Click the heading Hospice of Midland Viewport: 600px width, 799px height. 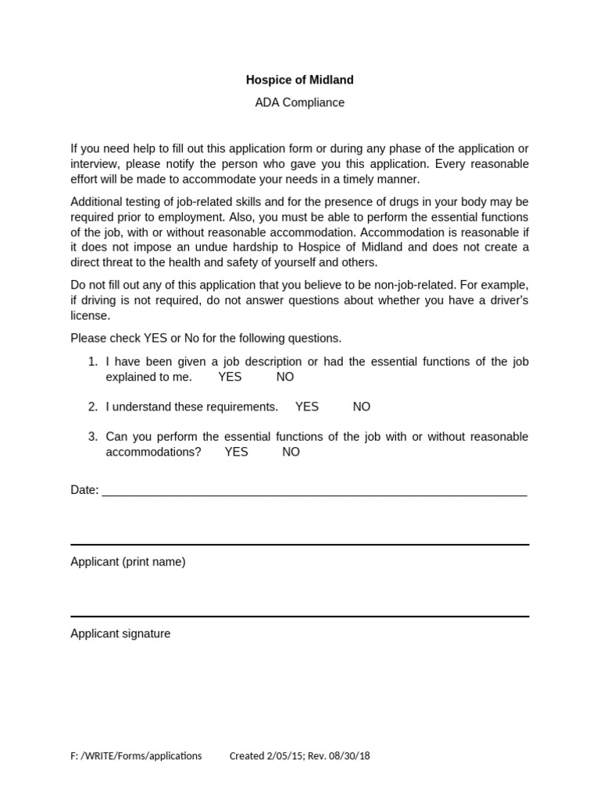[299, 80]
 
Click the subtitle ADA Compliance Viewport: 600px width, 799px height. [299, 102]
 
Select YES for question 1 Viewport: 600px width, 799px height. [230, 377]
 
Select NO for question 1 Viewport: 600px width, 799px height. [285, 377]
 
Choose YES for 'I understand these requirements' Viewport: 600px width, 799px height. [307, 407]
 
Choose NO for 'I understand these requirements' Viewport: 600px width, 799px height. [362, 407]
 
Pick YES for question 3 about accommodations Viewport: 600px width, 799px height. [236, 452]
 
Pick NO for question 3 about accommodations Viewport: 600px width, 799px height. [291, 452]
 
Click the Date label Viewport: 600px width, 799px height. [84, 490]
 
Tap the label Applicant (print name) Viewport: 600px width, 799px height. [128, 562]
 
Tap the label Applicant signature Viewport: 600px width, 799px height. [120, 634]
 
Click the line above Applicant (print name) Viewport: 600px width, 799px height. [299, 545]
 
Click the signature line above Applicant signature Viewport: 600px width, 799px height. [299, 616]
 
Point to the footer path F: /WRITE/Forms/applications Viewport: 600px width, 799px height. [136, 755]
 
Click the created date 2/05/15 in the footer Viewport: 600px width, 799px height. [284, 755]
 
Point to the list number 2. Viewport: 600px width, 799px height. [92, 407]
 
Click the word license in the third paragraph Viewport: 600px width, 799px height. [90, 316]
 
